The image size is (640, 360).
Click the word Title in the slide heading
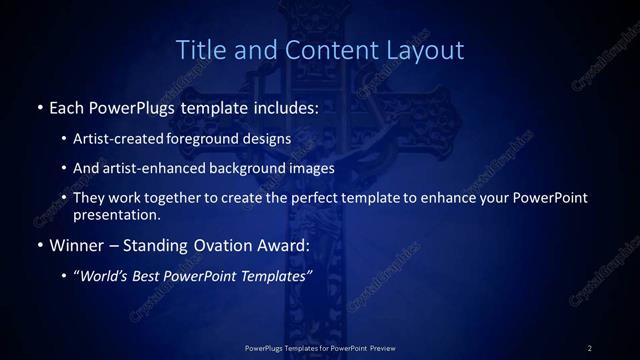(x=200, y=49)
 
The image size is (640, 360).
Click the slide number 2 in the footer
(x=590, y=347)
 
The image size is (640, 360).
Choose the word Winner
(x=76, y=244)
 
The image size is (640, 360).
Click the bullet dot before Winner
(x=39, y=244)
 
